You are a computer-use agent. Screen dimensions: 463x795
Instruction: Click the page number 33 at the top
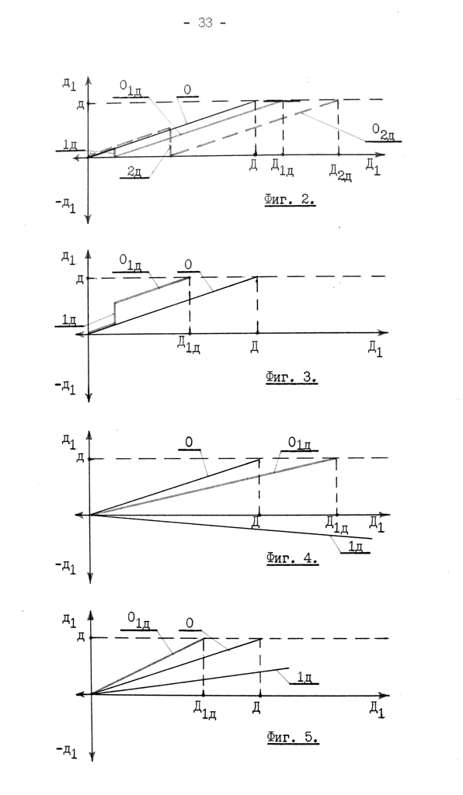[x=205, y=23]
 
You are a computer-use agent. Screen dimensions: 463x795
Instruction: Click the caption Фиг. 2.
[x=290, y=200]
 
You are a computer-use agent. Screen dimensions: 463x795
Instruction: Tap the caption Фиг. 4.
[x=292, y=559]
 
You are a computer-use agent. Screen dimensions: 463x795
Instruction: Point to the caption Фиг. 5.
[x=293, y=737]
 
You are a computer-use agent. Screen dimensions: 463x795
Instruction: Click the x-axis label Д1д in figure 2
[x=283, y=168]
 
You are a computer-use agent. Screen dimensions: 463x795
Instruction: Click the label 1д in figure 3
[x=69, y=320]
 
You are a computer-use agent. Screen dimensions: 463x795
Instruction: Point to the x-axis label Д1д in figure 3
[x=189, y=345]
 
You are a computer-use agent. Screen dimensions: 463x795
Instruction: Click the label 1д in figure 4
[x=356, y=547]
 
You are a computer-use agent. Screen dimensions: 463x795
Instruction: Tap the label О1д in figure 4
[x=299, y=443]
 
